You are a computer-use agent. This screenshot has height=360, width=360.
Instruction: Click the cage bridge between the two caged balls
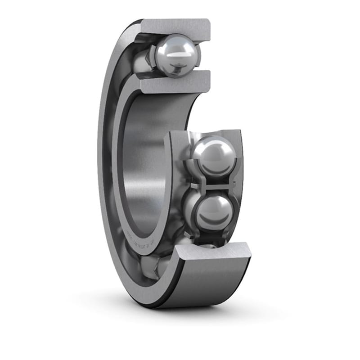pyautogui.click(x=211, y=184)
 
